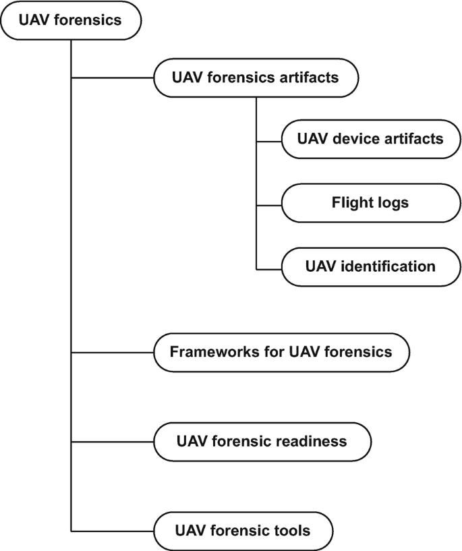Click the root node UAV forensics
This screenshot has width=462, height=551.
click(71, 20)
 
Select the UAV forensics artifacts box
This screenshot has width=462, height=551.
click(255, 78)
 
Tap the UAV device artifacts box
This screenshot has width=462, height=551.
click(370, 140)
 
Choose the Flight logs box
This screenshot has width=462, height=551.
click(370, 202)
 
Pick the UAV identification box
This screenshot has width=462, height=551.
click(370, 265)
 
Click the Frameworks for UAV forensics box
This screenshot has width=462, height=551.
click(281, 352)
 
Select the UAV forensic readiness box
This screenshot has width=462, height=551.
click(262, 442)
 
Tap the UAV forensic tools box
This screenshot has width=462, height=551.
click(242, 530)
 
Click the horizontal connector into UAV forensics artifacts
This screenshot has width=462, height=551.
click(112, 78)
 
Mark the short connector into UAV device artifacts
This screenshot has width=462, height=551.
click(268, 142)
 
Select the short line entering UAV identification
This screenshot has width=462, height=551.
click(268, 268)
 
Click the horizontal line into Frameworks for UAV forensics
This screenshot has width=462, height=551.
click(112, 352)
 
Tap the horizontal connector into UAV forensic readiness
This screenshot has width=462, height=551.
click(112, 442)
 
